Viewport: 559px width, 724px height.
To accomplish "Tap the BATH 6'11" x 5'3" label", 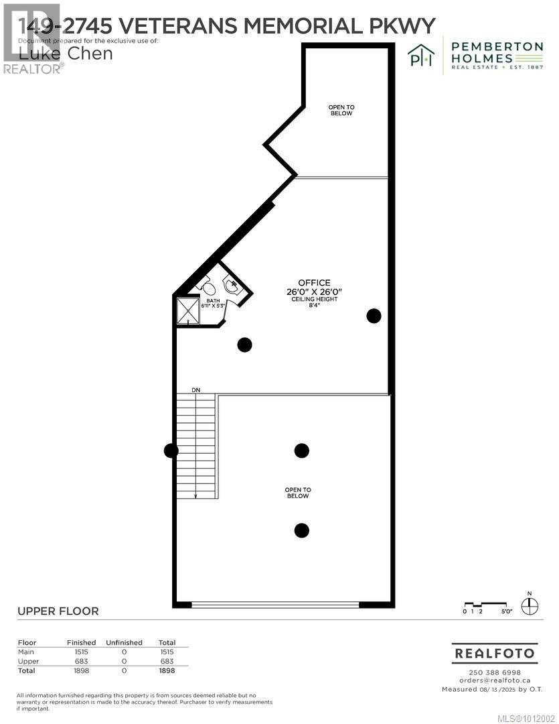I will [x=212, y=303].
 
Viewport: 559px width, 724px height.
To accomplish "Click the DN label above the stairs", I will [x=195, y=389].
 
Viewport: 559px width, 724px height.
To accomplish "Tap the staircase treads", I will [x=196, y=446].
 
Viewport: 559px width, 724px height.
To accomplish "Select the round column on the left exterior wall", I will [x=171, y=451].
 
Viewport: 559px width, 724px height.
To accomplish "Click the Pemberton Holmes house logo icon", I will [x=421, y=57].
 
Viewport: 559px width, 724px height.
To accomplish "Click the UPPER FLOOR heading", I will [x=58, y=611].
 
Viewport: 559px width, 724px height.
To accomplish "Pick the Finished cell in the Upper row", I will [x=81, y=661].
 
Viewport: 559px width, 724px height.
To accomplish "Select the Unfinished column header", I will [x=124, y=642].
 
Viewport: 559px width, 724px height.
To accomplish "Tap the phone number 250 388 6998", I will [x=494, y=672].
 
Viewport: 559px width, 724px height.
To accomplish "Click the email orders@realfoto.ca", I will [x=494, y=680].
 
